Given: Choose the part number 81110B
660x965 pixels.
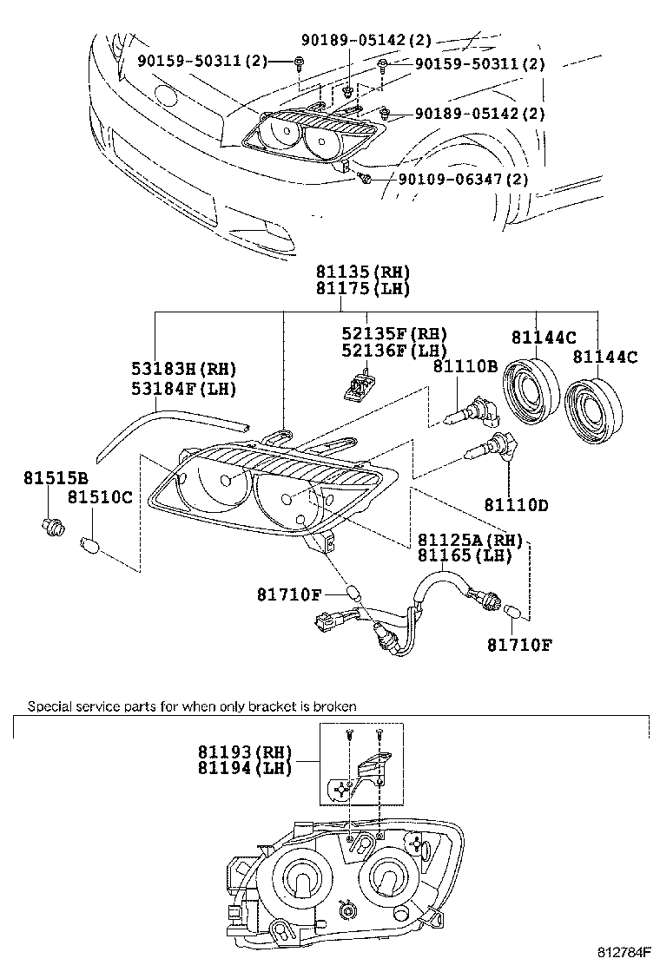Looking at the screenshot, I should tap(465, 367).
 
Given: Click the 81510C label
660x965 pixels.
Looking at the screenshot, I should tap(100, 497).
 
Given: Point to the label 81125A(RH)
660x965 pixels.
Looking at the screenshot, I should tap(470, 539).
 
